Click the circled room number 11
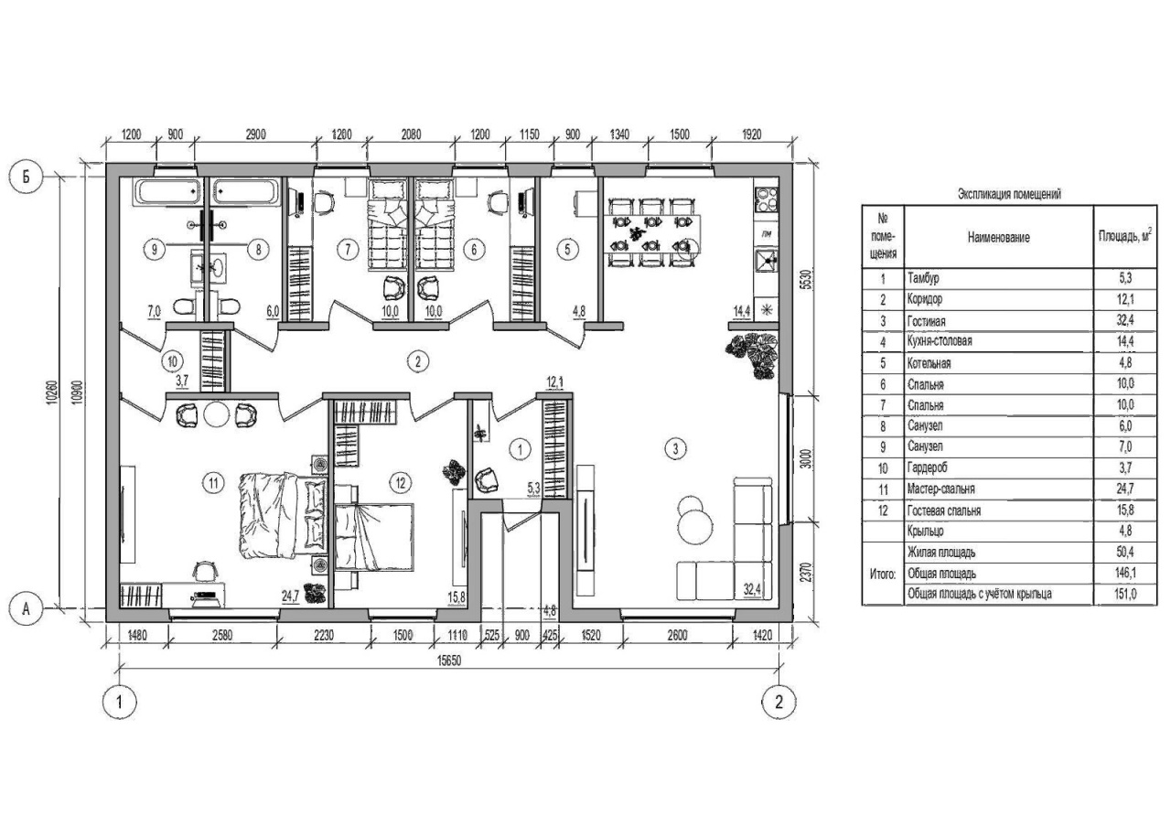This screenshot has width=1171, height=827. (213, 483)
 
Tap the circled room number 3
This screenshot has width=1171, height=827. (675, 448)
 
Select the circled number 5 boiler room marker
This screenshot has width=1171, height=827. (568, 250)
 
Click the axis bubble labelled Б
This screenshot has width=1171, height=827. (27, 177)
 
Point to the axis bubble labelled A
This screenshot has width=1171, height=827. (27, 609)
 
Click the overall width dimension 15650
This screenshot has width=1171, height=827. (449, 661)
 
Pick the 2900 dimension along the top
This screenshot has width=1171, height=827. (255, 134)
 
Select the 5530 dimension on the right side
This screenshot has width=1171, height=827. (807, 280)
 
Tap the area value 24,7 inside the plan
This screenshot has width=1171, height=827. (290, 596)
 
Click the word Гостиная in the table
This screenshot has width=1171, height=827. (927, 321)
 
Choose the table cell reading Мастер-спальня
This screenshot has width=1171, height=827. (941, 489)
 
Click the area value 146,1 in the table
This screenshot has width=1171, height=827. (1125, 573)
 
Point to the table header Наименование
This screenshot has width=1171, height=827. (998, 237)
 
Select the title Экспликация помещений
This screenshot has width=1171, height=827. (1009, 194)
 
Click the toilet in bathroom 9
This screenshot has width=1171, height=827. (184, 306)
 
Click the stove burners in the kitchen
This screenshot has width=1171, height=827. (767, 199)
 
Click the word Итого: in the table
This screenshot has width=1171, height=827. (883, 574)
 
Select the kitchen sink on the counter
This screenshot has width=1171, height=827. (767, 261)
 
